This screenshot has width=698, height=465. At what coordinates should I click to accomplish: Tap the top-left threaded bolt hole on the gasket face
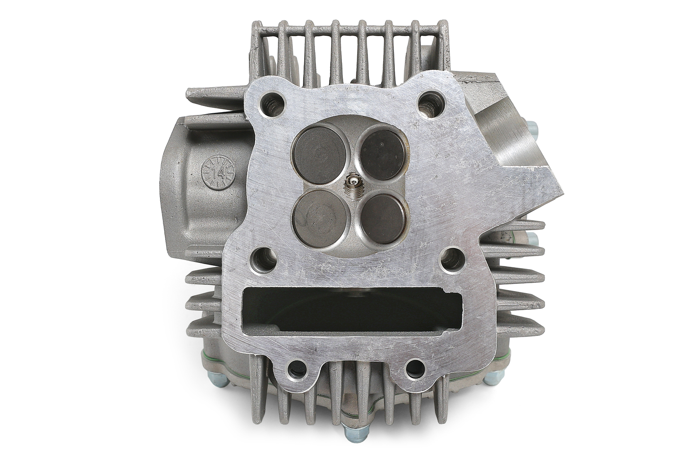pos(272,104)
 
